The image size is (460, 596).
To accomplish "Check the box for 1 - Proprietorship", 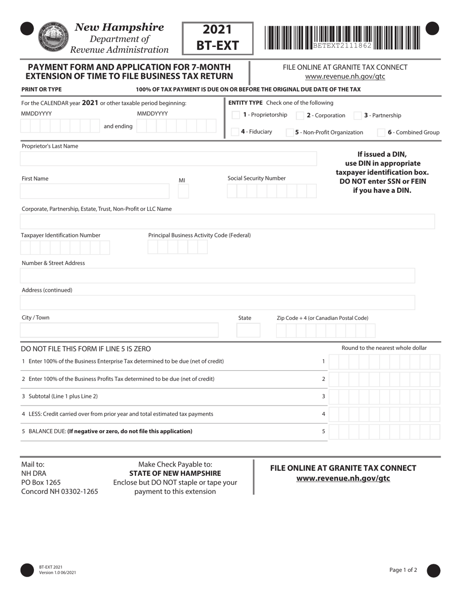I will (x=236, y=115).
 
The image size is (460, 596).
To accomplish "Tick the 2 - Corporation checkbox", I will (x=300, y=115).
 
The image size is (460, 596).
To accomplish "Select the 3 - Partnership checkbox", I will (x=357, y=115).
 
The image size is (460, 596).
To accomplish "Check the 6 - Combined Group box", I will (x=381, y=132).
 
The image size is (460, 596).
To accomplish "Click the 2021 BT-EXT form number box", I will (x=217, y=38).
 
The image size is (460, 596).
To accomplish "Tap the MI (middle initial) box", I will (x=183, y=191).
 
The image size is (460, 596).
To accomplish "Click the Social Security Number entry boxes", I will (x=271, y=191).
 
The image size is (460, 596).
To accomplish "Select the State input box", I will (x=248, y=330).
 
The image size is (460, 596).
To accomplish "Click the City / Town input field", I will (x=119, y=330).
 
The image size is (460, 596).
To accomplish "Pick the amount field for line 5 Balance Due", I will (x=384, y=431).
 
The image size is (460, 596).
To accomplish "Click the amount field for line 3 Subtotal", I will (x=384, y=396).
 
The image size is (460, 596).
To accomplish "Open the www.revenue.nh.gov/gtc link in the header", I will (x=345, y=77).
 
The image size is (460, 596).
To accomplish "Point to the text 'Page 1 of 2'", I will (x=403, y=570).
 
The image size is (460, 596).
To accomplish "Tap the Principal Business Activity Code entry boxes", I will (x=178, y=247).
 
